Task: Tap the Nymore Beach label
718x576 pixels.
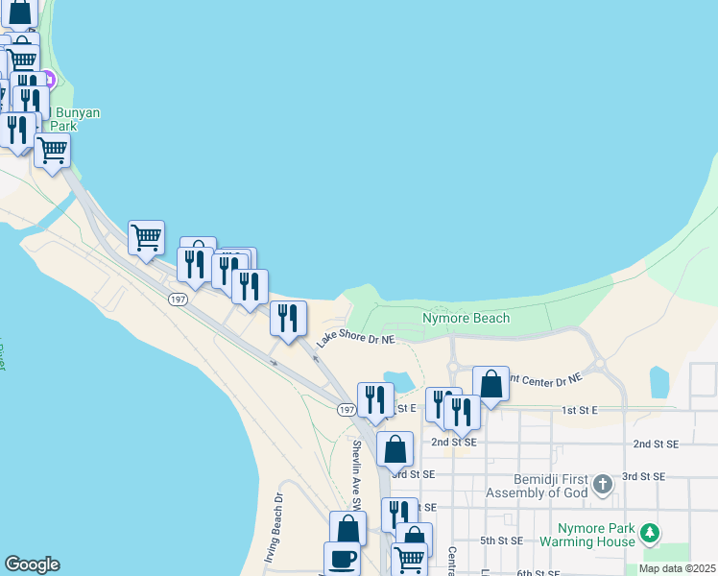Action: [466, 318]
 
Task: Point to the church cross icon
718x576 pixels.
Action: [603, 483]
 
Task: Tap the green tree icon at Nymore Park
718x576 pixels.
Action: [651, 532]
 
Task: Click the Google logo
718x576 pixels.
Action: [32, 564]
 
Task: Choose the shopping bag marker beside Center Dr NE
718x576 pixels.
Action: [491, 384]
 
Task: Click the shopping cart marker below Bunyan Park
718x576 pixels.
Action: [52, 150]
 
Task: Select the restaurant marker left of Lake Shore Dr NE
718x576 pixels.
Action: [288, 318]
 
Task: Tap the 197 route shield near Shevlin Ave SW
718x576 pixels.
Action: [347, 410]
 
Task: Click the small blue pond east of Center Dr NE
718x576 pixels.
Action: [659, 381]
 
